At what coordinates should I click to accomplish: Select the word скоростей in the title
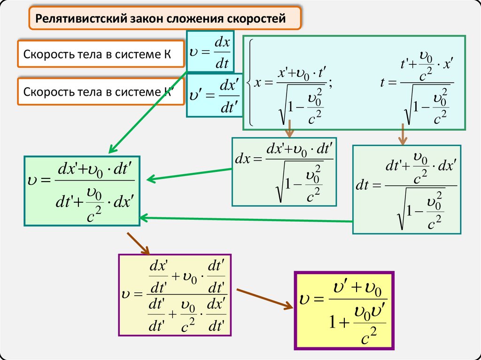tap(257, 19)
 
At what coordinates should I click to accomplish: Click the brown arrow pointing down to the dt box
tap(403, 134)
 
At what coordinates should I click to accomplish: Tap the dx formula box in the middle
tap(284, 171)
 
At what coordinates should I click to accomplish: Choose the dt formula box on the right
tap(407, 189)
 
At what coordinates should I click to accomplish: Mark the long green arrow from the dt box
tap(244, 219)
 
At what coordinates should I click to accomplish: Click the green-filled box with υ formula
tap(82, 190)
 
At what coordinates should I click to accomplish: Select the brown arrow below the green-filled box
tap(138, 242)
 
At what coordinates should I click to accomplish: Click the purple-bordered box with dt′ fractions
tap(175, 295)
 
